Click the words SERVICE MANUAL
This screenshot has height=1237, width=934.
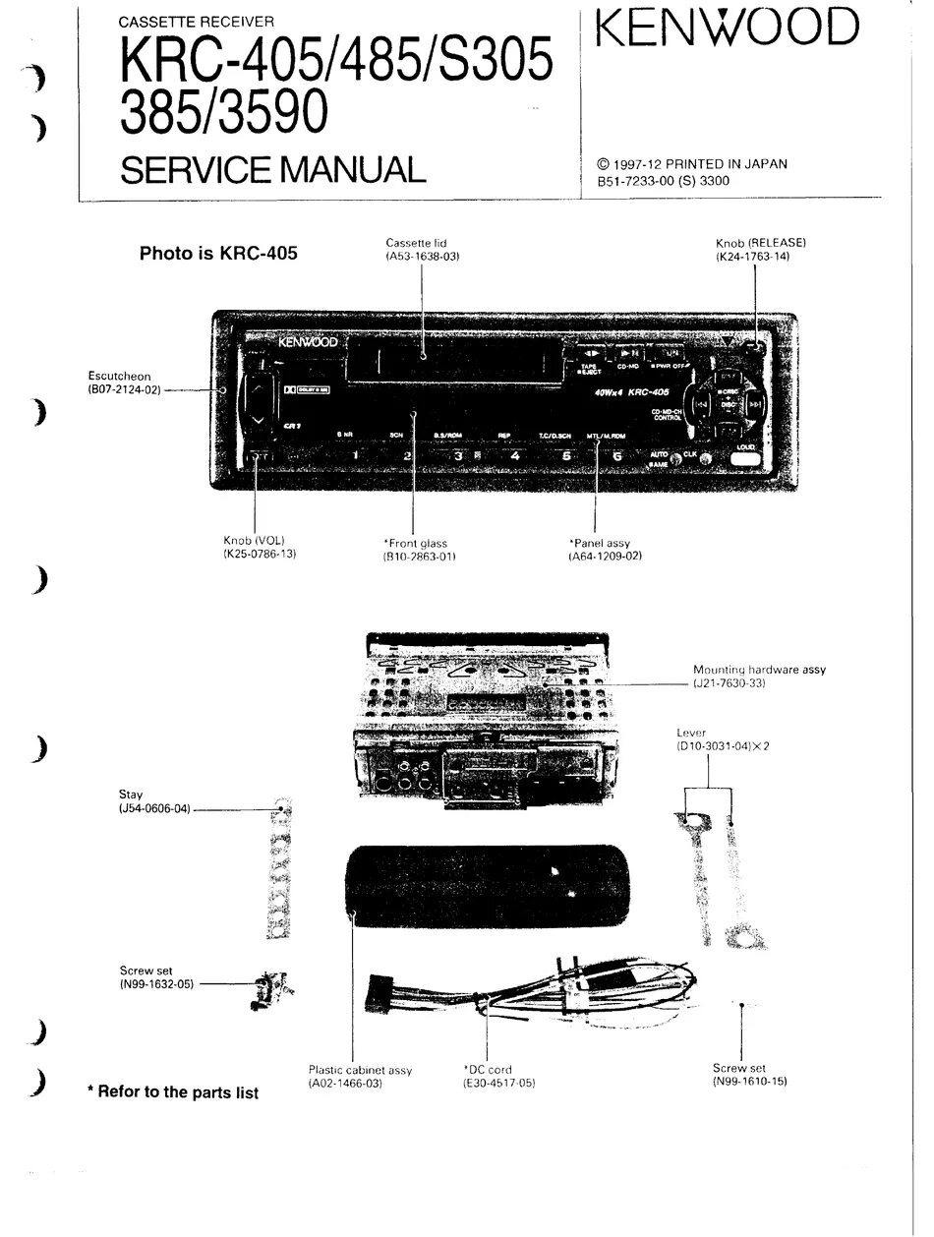[x=272, y=169]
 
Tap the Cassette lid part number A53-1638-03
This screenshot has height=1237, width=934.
[x=423, y=256]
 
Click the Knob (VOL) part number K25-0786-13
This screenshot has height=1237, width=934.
[x=261, y=555]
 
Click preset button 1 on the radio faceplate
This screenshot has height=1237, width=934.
[x=355, y=455]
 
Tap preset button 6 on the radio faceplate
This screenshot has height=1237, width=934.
[x=616, y=455]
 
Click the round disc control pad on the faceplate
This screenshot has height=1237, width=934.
[x=726, y=404]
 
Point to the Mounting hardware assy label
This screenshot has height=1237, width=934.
[x=759, y=670]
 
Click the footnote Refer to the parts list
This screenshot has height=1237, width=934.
[x=173, y=1092]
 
